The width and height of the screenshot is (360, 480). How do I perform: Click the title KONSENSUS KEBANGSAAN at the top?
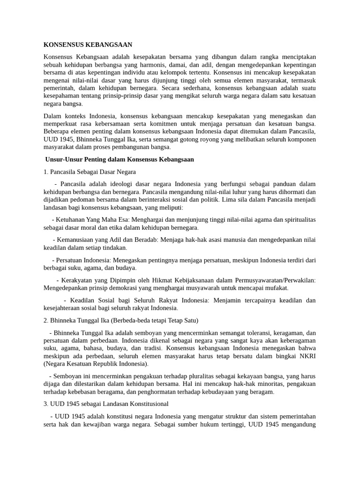coord(88,45)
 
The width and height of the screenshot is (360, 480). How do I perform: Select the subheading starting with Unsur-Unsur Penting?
coord(120,159)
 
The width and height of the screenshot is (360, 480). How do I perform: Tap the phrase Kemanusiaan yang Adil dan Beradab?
coord(108,240)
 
